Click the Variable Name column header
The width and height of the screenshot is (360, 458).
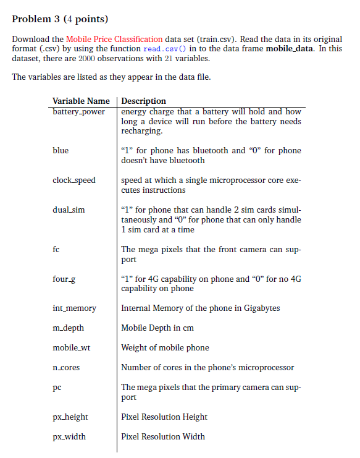81,101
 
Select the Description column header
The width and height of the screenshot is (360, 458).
144,101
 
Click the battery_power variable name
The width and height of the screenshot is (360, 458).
79,112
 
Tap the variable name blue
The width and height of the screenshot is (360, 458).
61,151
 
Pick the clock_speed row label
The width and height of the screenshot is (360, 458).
74,180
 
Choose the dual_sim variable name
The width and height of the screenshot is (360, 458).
69,210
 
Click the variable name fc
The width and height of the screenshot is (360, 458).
56,250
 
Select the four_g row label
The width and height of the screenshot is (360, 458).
65,279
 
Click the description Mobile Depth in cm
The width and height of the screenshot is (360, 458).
158,328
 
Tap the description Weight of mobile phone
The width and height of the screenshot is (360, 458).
165,348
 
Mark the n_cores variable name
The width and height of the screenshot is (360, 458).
66,368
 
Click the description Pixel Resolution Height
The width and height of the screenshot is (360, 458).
164,417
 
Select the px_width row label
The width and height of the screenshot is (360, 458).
69,437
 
